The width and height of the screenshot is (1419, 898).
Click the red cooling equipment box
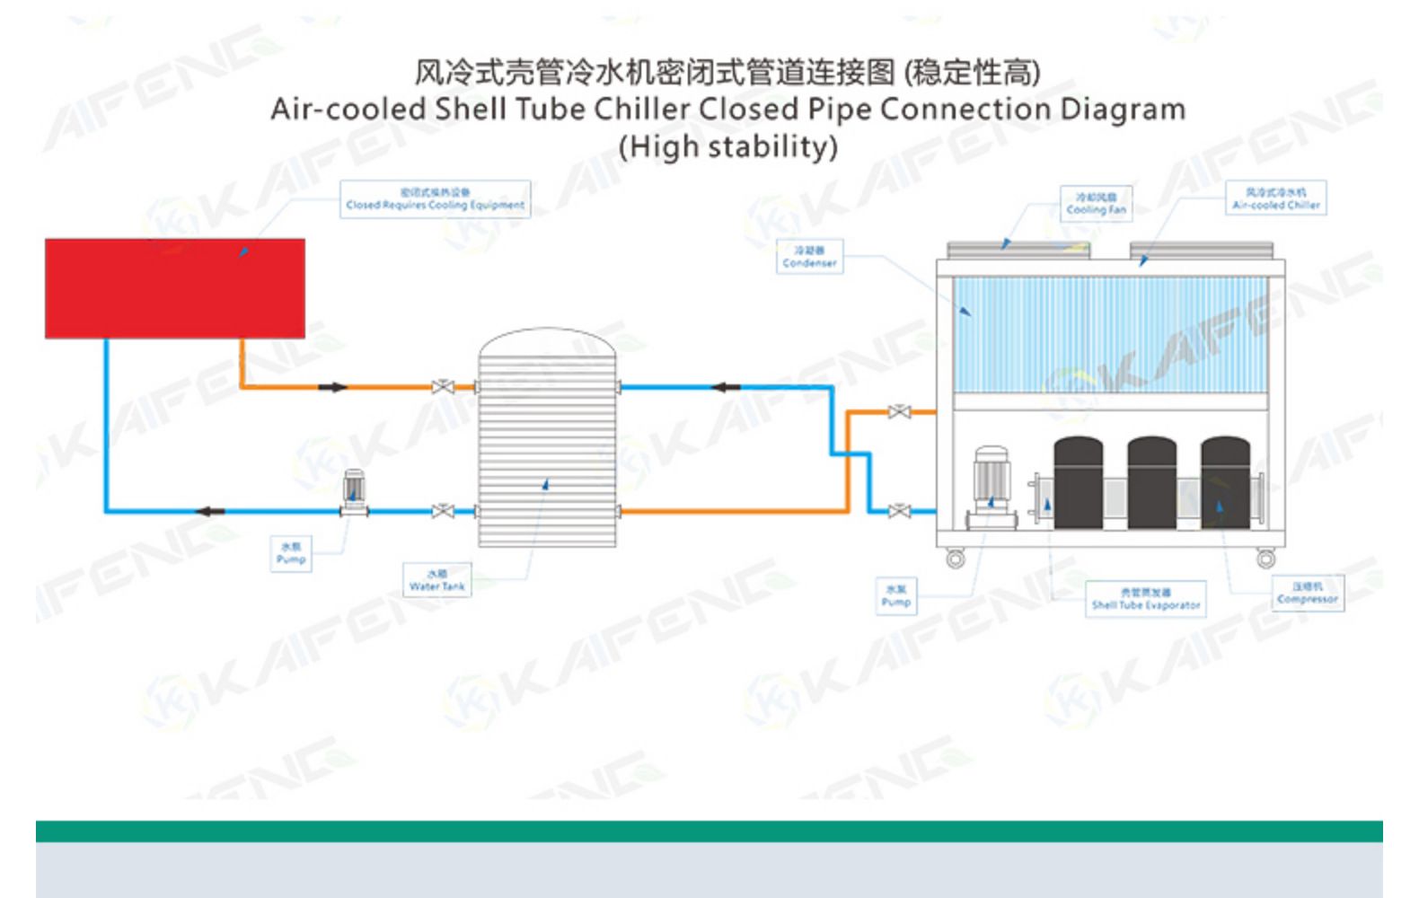pos(175,288)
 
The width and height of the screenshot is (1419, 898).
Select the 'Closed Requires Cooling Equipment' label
pos(435,199)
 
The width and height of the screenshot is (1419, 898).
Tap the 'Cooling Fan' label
pos(1096,204)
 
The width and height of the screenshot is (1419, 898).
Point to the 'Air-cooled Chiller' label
pos(1275,198)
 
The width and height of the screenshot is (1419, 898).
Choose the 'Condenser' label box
pos(809,257)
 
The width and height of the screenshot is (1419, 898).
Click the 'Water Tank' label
pos(437,580)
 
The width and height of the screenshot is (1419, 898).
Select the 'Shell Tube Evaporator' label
pos(1145,599)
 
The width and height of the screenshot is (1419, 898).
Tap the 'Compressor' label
pos(1308,593)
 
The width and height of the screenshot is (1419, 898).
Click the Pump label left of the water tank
pos(291,553)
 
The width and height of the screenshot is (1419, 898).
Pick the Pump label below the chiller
pos(896,596)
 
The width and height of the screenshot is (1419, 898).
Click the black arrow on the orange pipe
pos(332,387)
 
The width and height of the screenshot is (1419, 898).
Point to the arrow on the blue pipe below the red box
pos(210,512)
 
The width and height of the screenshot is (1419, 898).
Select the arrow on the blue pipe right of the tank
pos(726,387)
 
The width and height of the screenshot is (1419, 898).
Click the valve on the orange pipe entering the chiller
pos(899,412)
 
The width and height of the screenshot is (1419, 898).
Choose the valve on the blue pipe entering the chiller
pos(899,511)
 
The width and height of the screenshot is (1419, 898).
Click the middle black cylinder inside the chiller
pos(1151,483)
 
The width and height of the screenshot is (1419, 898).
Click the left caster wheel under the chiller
pos(956,560)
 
